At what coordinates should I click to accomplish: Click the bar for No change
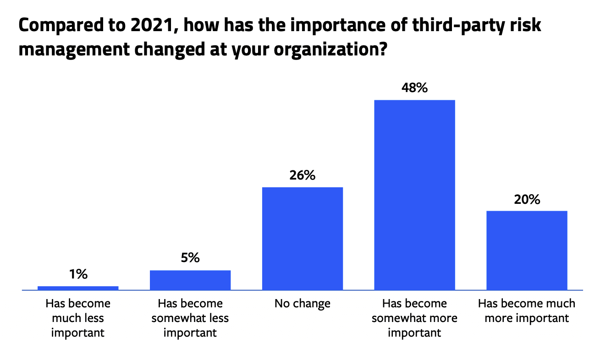coord(302,238)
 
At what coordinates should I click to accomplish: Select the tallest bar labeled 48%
coord(414,195)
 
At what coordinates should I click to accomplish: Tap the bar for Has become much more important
coord(527,250)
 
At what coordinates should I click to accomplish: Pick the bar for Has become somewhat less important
coord(190,280)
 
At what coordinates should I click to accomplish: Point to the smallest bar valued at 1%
coord(78,288)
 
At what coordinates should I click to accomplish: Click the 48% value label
coord(414,88)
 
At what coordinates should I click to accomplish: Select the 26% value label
coord(302,175)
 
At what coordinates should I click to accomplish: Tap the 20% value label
coord(527,199)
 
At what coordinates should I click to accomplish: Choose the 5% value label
coord(190,258)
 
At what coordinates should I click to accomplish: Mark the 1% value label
coord(78,274)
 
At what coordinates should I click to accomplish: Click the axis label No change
coord(302,304)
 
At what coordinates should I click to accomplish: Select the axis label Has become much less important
coord(78,318)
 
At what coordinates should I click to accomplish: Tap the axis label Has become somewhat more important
coord(414,318)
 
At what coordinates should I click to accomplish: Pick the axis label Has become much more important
coord(527,311)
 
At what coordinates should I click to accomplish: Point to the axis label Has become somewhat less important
coord(190,318)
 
